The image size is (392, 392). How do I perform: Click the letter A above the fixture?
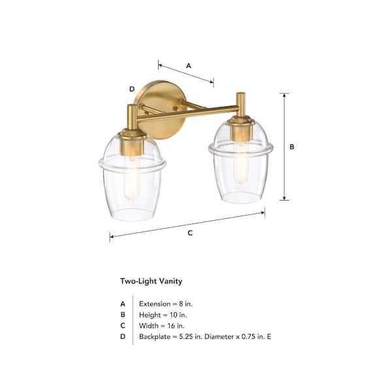pos(189,66)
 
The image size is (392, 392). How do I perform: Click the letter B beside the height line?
pos(292,147)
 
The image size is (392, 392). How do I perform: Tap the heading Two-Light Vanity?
pos(151,282)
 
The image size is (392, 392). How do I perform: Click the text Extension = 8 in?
pos(166,304)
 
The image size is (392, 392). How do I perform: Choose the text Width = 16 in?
pos(161,325)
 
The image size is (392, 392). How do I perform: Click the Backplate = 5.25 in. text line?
pos(203,336)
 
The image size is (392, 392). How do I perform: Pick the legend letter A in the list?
pos(122,304)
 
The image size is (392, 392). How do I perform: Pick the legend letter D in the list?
pos(122,336)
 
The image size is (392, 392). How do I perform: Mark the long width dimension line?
pos(187,223)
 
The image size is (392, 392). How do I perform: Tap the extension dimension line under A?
pos(186,73)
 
